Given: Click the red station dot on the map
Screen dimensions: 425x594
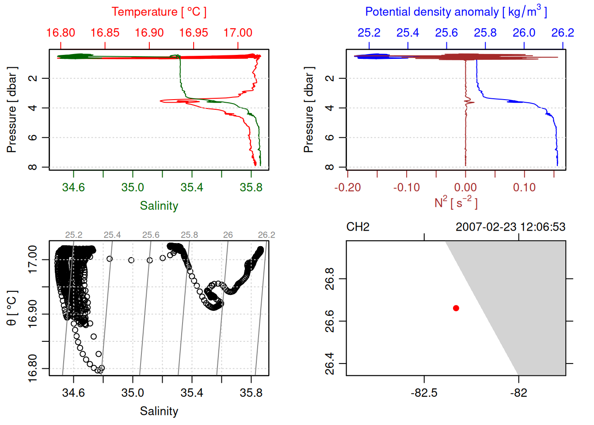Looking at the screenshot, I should click(456, 308).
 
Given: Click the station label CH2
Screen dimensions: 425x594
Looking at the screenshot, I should click(358, 227).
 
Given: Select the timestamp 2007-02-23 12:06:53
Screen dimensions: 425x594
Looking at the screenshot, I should click(510, 227).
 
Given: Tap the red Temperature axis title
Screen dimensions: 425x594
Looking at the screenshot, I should click(159, 12).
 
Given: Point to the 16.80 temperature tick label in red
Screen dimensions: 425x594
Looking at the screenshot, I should click(61, 33).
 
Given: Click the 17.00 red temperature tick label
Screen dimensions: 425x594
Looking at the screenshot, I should click(238, 33).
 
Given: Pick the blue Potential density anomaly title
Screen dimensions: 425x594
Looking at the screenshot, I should click(456, 12).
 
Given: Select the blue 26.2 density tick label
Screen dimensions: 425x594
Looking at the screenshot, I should click(563, 33).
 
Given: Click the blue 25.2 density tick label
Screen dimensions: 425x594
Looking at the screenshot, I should click(369, 33).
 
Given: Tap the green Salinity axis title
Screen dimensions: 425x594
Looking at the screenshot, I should click(159, 206).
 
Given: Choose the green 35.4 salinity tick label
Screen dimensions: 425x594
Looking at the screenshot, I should click(192, 187).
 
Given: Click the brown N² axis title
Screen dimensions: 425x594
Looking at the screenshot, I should click(456, 202).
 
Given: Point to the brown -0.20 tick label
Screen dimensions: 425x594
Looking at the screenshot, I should click(347, 187).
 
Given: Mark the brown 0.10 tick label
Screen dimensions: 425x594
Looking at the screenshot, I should click(525, 187).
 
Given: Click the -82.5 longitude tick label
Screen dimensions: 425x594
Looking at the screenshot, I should click(424, 393).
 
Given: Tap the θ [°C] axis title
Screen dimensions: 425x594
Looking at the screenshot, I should click(12, 308).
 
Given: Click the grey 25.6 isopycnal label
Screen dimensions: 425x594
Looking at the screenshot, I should click(151, 235).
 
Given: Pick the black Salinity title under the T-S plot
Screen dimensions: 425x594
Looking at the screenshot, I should click(159, 411).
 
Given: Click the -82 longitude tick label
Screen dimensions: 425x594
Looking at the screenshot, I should click(518, 393).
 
